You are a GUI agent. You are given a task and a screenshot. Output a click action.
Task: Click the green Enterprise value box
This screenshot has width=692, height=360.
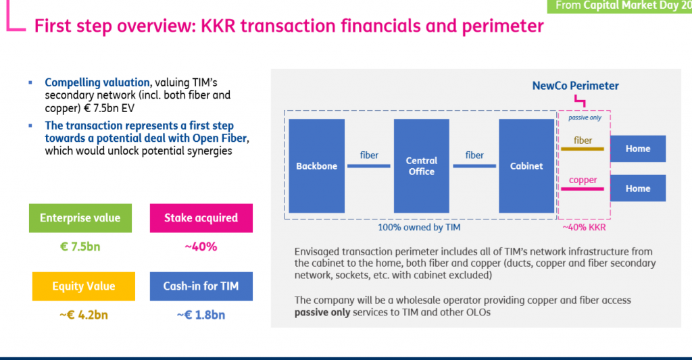click(80, 218)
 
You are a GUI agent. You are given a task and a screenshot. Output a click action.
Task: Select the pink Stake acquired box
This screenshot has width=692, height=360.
click(201, 218)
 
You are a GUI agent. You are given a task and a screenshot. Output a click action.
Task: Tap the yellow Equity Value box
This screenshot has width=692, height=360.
click(83, 286)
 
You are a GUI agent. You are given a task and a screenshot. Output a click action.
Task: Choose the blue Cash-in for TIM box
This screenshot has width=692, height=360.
click(201, 286)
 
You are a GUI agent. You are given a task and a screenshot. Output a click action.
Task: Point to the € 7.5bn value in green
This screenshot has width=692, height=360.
click(80, 247)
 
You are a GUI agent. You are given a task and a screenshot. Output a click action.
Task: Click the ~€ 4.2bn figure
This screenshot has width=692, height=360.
click(83, 315)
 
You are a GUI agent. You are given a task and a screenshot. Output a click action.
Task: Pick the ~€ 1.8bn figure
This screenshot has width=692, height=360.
click(201, 315)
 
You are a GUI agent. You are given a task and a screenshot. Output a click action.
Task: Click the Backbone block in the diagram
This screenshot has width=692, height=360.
click(317, 166)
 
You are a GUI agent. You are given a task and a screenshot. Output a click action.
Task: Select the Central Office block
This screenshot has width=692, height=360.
click(422, 166)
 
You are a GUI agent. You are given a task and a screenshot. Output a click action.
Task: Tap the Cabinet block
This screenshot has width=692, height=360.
click(526, 166)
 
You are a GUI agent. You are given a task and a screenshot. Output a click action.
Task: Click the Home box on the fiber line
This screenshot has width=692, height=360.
click(638, 149)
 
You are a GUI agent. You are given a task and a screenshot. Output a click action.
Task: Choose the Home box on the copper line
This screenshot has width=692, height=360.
click(638, 188)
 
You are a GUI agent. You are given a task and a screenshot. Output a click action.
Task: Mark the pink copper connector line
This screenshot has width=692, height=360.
click(582, 189)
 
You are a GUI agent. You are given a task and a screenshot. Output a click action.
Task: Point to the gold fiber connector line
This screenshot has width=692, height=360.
click(582, 149)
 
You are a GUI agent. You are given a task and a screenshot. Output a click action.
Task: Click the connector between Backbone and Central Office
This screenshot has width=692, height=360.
click(368, 166)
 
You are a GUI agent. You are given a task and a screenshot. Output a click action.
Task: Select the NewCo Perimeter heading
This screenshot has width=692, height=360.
click(576, 86)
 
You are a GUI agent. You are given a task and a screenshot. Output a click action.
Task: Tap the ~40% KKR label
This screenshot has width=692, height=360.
click(584, 227)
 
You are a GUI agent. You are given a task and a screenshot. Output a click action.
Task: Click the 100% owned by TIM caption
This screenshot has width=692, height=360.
click(419, 227)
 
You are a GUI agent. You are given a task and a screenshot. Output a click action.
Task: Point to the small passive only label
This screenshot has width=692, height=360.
click(585, 118)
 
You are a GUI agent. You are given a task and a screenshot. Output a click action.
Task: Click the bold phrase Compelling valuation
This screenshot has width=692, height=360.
click(97, 82)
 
